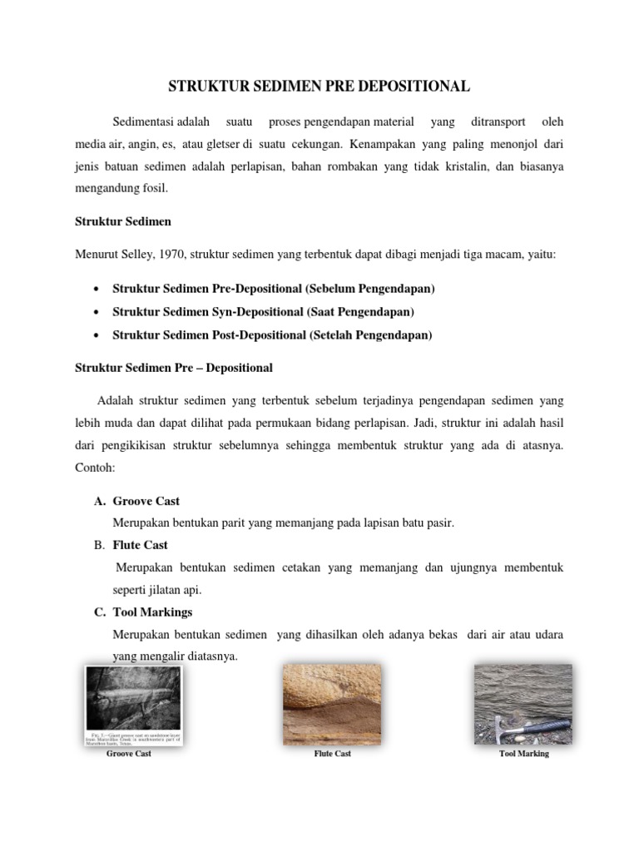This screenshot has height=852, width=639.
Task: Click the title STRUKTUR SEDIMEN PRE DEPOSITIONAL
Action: pos(319,87)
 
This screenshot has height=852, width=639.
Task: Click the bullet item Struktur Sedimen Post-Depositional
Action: pos(272,335)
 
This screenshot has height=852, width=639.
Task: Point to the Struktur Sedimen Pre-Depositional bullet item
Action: pos(274,289)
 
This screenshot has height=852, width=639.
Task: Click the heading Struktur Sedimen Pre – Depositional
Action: pos(174,367)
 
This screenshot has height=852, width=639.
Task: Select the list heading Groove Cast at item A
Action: pos(146,501)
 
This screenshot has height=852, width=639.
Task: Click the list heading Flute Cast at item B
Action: pos(140,545)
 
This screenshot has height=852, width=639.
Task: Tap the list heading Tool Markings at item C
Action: pos(152,612)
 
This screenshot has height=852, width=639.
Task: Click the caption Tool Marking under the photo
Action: pos(523,754)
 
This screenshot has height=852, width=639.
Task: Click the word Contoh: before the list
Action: pos(96,468)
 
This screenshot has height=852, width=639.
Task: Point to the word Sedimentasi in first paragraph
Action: pos(141,122)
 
